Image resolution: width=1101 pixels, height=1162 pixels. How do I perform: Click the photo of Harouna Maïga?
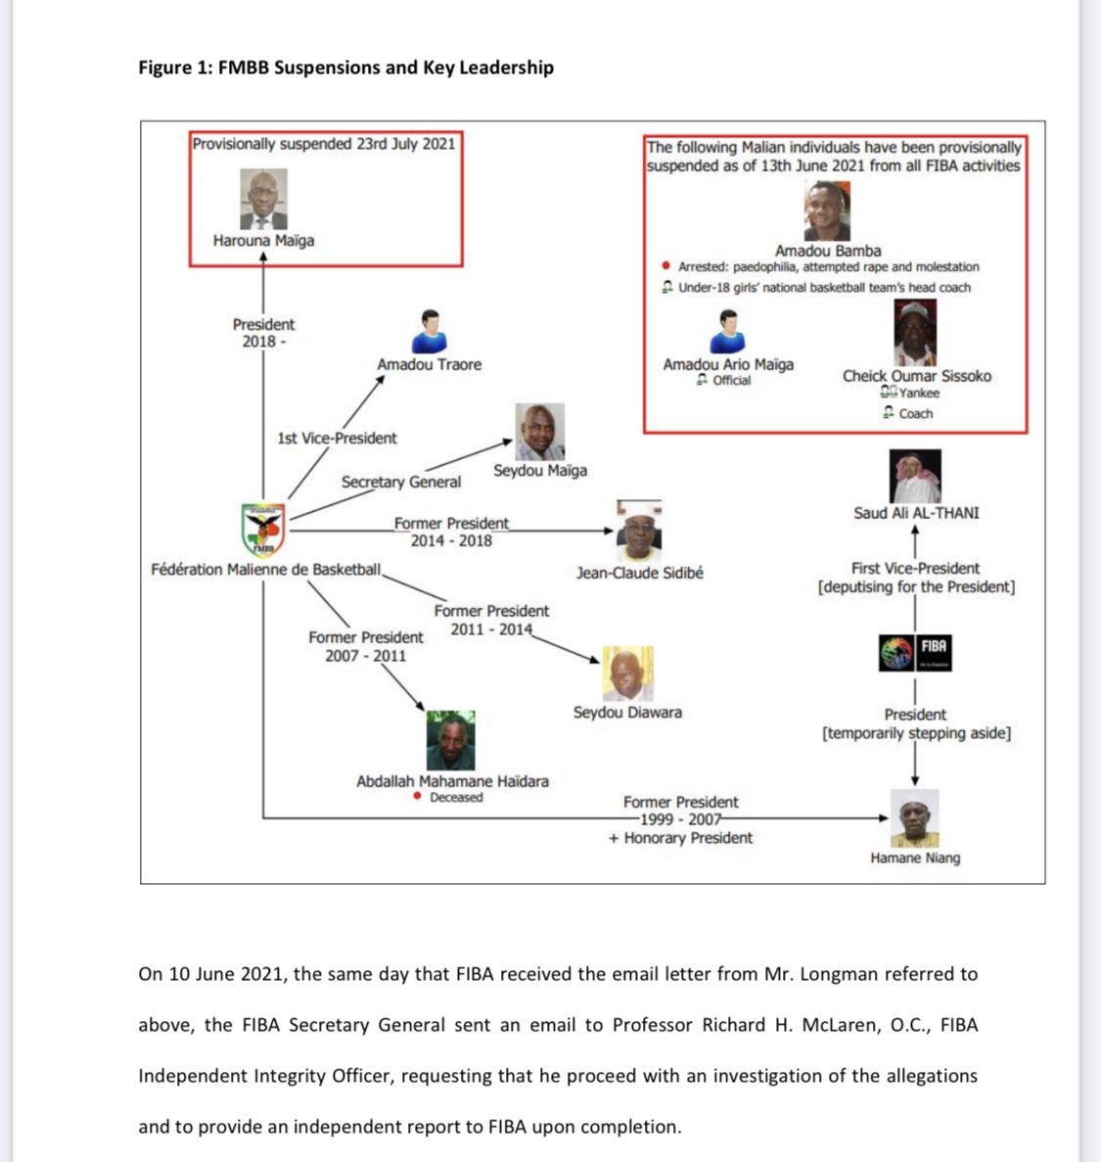(x=263, y=200)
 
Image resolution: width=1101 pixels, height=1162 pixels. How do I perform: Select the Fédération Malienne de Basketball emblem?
(x=263, y=530)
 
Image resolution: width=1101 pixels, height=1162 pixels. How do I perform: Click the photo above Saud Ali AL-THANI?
(x=915, y=476)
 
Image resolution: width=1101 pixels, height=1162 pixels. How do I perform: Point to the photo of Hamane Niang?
(x=915, y=818)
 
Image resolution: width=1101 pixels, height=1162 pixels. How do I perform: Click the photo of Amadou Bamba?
(x=827, y=210)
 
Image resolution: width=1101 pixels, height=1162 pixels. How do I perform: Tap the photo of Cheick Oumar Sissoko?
(x=915, y=333)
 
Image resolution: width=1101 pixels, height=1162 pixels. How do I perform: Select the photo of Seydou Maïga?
(x=540, y=432)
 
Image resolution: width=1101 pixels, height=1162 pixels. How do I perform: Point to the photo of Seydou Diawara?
(x=626, y=674)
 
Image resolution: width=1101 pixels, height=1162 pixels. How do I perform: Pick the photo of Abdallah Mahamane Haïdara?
(x=451, y=741)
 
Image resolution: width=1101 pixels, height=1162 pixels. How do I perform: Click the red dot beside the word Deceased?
(x=418, y=797)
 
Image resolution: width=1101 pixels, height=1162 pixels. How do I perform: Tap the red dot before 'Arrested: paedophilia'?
(x=666, y=266)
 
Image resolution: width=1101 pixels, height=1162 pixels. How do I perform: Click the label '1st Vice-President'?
(x=337, y=438)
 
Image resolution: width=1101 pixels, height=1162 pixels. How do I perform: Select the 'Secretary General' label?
(x=400, y=482)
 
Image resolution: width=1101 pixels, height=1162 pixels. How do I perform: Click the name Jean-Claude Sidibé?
(x=639, y=573)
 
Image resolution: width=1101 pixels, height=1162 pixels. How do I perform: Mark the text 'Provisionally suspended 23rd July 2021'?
(x=324, y=144)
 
